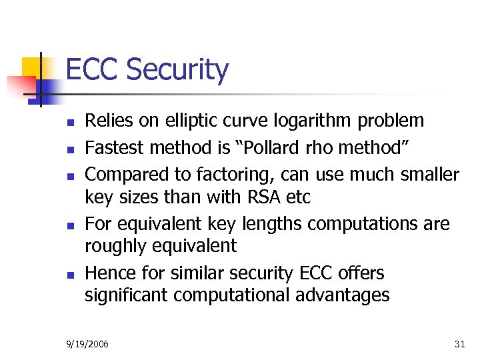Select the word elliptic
point(169,121)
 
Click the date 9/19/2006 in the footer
point(88,344)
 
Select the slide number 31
point(459,344)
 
